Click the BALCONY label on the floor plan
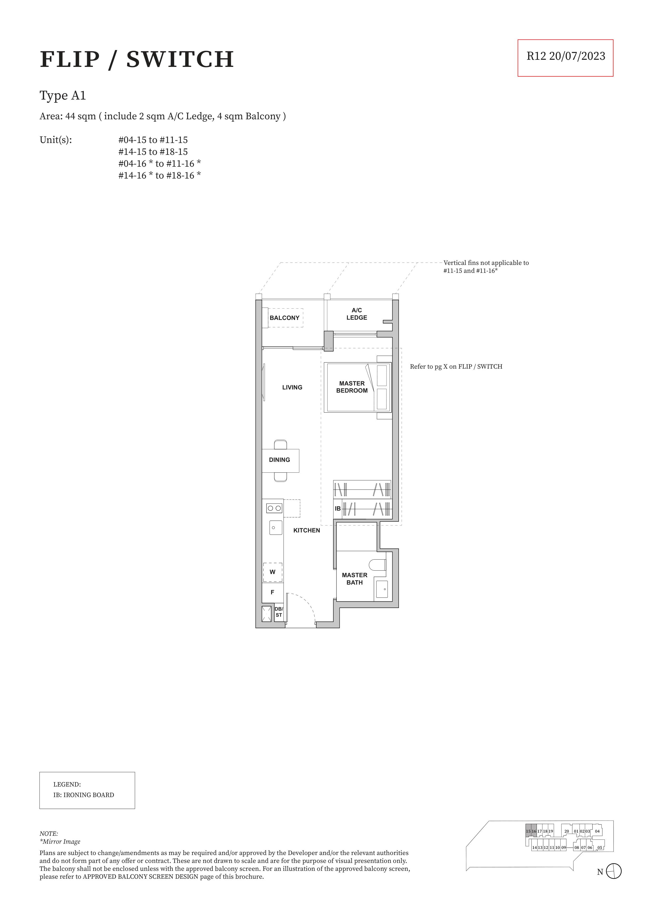[284, 318]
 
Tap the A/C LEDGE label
[357, 314]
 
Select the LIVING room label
[292, 388]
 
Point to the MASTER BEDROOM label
[352, 387]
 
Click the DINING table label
[279, 460]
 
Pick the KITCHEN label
[306, 530]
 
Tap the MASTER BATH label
[354, 579]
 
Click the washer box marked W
[272, 572]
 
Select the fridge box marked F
[272, 592]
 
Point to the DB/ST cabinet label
[279, 612]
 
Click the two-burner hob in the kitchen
[274, 508]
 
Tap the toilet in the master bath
[377, 565]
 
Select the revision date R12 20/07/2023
[566, 56]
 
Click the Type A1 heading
[63, 96]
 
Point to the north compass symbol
[614, 871]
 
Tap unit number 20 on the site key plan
[566, 831]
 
